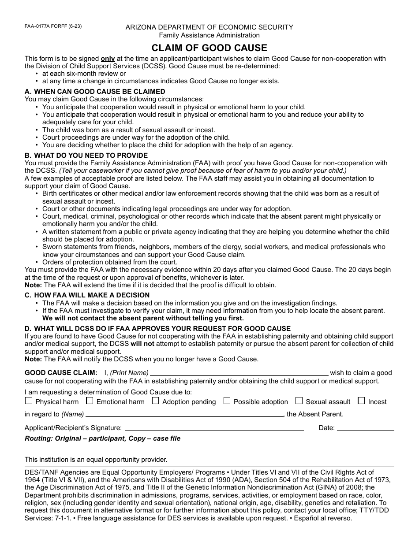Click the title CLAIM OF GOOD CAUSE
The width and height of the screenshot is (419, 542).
pyautogui.click(x=209, y=48)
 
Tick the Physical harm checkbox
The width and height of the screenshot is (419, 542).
pyautogui.click(x=29, y=401)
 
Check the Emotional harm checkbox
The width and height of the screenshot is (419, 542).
pyautogui.click(x=90, y=401)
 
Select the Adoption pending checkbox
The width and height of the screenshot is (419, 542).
pyautogui.click(x=155, y=401)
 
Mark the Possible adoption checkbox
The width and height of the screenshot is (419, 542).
pyautogui.click(x=227, y=401)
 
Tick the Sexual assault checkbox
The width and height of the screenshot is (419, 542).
pyautogui.click(x=299, y=401)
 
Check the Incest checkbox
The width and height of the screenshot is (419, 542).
pyautogui.click(x=361, y=401)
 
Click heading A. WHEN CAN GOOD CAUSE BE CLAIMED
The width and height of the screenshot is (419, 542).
pyautogui.click(x=95, y=92)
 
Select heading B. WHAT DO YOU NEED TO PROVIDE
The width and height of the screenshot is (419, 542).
pyautogui.click(x=86, y=156)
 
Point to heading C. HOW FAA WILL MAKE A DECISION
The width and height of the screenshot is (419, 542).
pyautogui.click(x=87, y=295)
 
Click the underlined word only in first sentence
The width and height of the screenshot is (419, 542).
pyautogui.click(x=108, y=59)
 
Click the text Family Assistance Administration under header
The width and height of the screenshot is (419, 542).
pyautogui.click(x=209, y=35)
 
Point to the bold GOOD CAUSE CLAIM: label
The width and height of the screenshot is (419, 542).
pyautogui.click(x=61, y=373)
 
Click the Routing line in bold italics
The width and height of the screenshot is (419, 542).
pyautogui.click(x=102, y=438)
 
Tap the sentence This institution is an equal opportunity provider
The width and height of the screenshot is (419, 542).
pyautogui.click(x=96, y=460)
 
